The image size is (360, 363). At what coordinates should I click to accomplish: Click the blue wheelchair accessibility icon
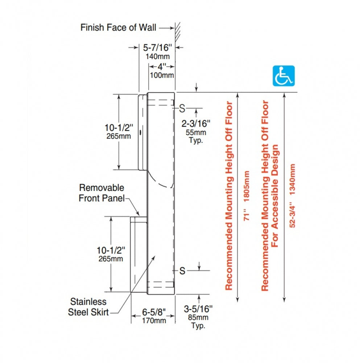(284, 76)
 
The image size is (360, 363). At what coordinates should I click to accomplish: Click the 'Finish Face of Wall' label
(118, 28)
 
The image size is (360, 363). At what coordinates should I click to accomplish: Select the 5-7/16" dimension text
(157, 48)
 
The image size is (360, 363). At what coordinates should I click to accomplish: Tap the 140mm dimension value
(157, 57)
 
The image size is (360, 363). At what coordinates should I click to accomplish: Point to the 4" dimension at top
(162, 67)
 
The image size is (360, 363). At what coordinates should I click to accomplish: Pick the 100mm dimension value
(162, 75)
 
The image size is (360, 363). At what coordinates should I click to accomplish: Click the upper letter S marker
(182, 108)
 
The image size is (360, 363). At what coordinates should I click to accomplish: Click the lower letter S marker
(182, 271)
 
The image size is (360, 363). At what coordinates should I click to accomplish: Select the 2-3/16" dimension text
(196, 124)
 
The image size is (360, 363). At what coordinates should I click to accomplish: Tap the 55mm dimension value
(196, 132)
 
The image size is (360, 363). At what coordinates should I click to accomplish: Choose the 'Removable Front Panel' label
(102, 193)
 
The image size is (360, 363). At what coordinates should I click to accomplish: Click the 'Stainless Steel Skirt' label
(88, 307)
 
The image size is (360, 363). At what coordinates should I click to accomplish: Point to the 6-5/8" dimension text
(154, 312)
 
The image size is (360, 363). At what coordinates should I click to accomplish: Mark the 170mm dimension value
(154, 321)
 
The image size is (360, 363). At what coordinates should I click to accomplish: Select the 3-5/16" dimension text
(198, 309)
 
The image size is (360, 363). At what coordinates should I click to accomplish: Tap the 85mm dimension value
(198, 317)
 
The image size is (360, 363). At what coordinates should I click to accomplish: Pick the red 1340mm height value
(292, 180)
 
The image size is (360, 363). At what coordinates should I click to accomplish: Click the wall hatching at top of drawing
(178, 32)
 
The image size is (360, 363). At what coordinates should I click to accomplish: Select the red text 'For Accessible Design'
(275, 196)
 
